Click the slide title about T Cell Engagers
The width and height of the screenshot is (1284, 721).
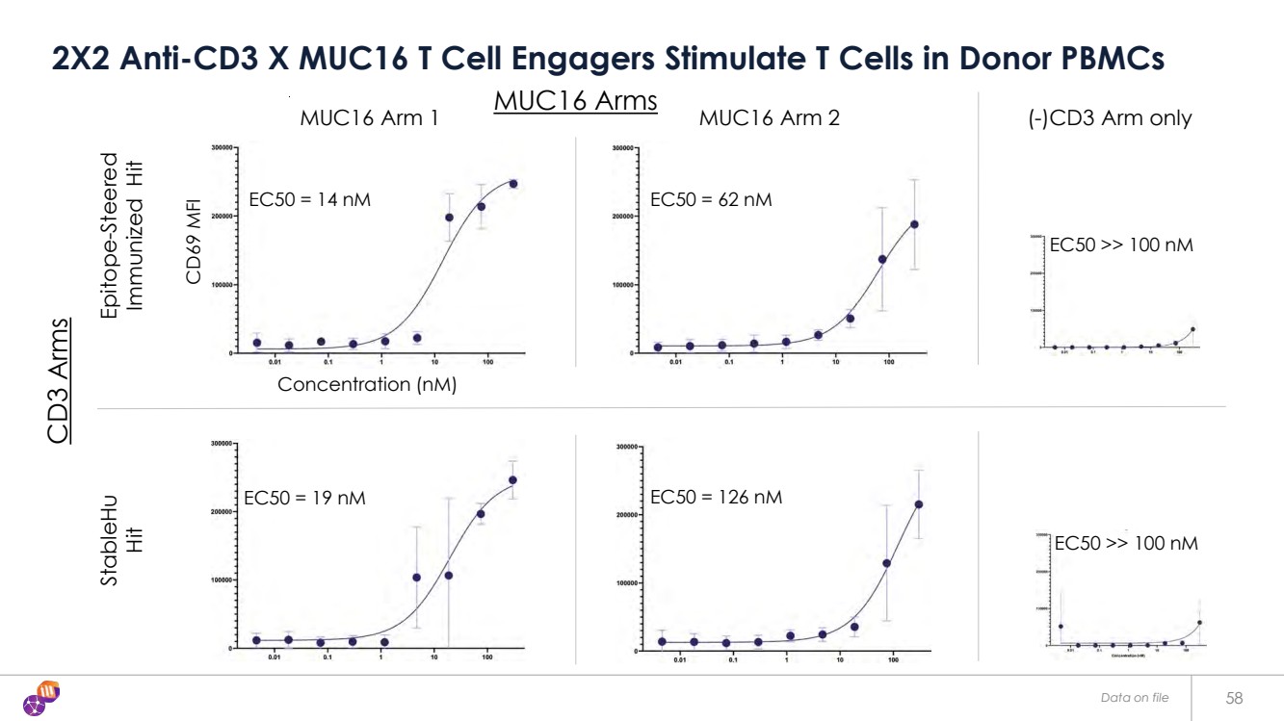(608, 58)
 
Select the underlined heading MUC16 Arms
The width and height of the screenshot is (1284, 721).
(575, 100)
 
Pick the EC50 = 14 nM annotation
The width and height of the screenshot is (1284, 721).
(309, 200)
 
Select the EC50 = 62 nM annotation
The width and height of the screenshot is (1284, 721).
(711, 200)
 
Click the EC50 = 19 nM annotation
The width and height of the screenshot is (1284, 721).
(304, 499)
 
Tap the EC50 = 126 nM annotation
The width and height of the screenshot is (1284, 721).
(716, 498)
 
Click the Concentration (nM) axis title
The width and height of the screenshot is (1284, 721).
(366, 385)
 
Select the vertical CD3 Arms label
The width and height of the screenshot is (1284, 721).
(59, 380)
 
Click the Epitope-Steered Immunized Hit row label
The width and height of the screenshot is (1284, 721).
(122, 232)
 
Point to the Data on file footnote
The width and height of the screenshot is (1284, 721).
(1135, 697)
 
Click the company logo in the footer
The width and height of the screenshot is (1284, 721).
(43, 698)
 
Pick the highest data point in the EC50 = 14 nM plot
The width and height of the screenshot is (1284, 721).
(513, 184)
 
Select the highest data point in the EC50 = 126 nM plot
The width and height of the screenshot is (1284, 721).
(918, 504)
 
